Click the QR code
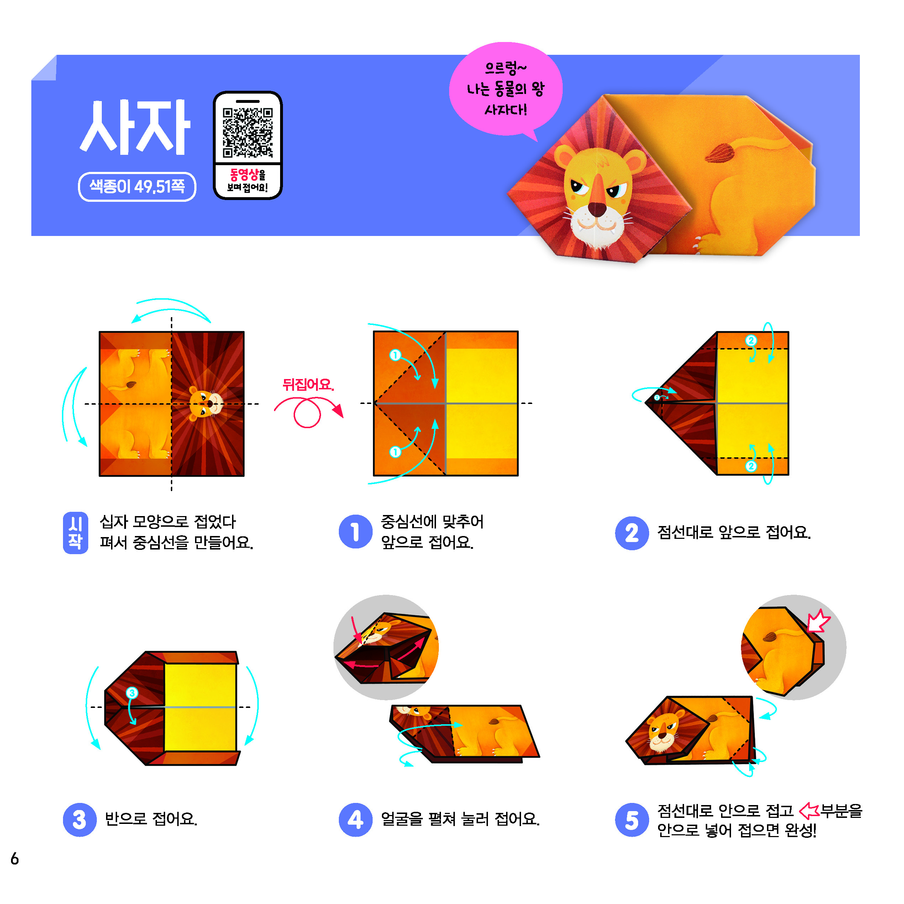(x=247, y=133)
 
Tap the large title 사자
(x=135, y=127)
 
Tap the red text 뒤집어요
(x=308, y=385)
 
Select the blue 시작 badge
(x=75, y=532)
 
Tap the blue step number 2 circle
(x=632, y=533)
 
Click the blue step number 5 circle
(x=632, y=820)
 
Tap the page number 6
(x=15, y=858)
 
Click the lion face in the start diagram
(x=205, y=403)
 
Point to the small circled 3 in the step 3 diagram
(x=132, y=693)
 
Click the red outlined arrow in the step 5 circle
(x=818, y=621)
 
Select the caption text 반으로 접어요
(x=151, y=819)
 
